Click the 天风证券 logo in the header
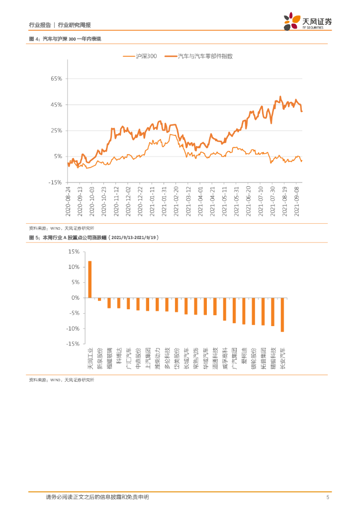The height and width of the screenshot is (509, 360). tap(308, 21)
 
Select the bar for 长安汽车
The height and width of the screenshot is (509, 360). tap(282, 315)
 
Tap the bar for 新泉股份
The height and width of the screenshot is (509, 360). tap(99, 299)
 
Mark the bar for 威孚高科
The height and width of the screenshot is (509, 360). tap(225, 309)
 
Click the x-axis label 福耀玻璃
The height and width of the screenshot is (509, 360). tap(109, 357)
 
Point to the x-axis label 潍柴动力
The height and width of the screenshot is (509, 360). tap(157, 357)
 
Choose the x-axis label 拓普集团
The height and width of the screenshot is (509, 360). tap(263, 357)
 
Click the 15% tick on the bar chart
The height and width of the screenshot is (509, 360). tap(74, 252)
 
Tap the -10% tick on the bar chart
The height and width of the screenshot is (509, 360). tap(73, 329)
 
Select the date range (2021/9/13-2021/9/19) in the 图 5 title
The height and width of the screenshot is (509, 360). tap(135, 238)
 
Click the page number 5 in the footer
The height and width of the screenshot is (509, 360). tap(327, 497)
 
